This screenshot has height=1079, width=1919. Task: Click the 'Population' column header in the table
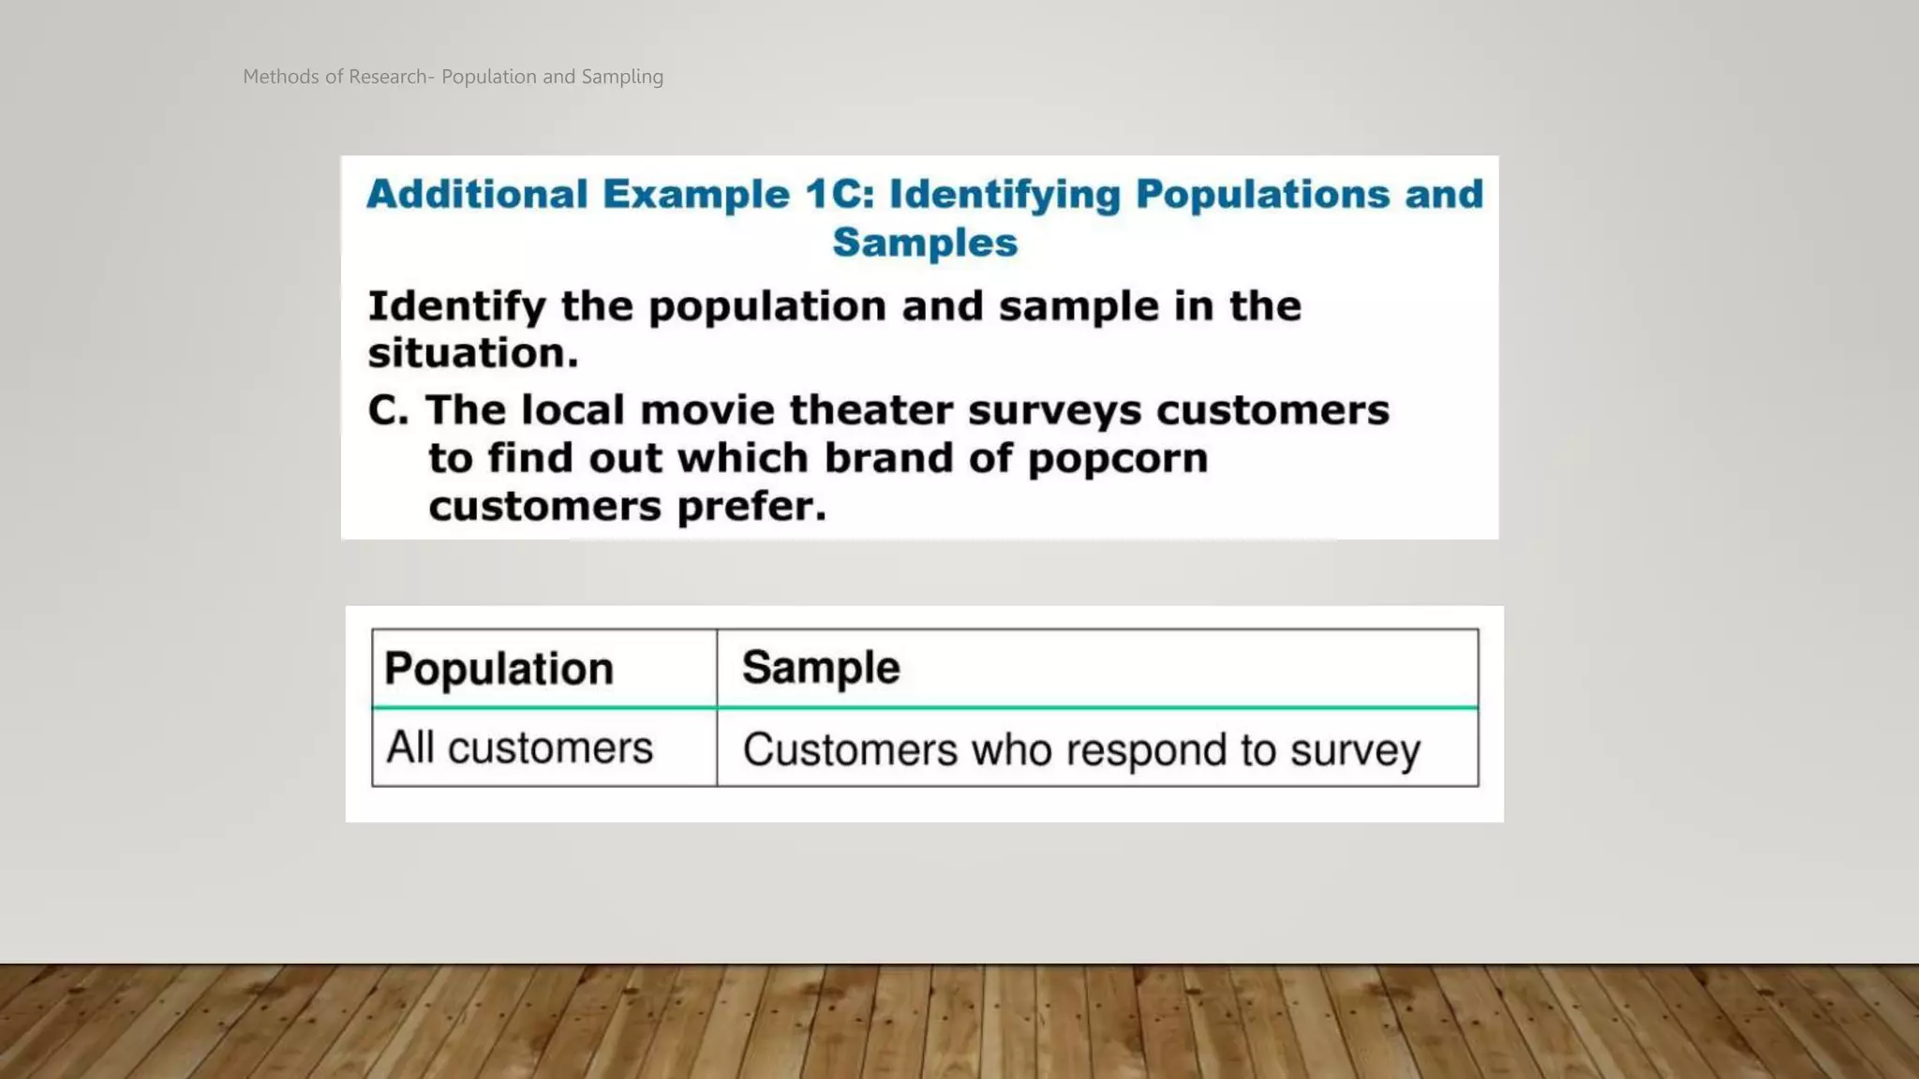coord(498,669)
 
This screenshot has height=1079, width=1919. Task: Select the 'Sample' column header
coord(821,668)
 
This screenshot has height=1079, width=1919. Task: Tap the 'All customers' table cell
coord(519,748)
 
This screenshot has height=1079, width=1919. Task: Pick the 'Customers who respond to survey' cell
coord(1081,750)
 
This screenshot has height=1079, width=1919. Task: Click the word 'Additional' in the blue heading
coord(477,195)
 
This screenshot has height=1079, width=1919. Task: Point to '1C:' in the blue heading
coord(840,195)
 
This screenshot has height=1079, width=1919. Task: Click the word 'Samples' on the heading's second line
coord(925,243)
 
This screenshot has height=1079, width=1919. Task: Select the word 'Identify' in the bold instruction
coord(456,307)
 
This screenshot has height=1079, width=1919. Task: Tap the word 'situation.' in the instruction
coord(473,354)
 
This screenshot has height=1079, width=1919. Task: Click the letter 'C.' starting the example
coord(388,410)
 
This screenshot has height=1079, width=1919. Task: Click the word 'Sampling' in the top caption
coord(622,78)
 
